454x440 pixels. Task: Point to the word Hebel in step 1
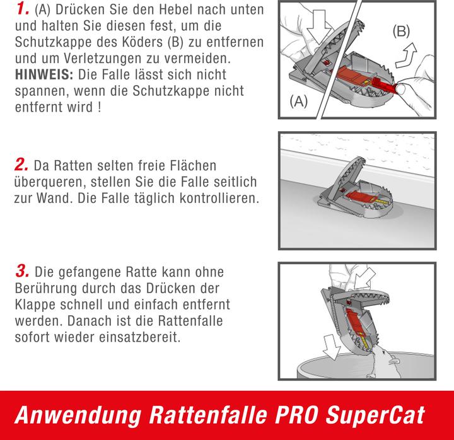coord(177,12)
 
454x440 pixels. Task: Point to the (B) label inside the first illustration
coord(402,30)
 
